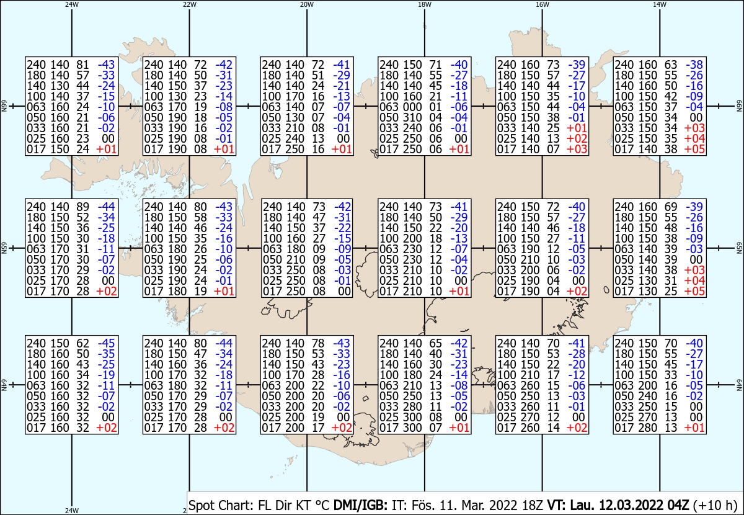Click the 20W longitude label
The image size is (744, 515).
(x=307, y=4)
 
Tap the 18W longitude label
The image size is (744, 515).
(x=425, y=4)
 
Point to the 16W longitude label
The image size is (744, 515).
(x=542, y=4)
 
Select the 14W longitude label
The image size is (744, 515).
(x=660, y=4)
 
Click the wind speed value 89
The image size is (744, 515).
(x=82, y=207)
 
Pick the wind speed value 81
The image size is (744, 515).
(x=82, y=65)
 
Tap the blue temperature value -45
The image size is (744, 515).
(x=106, y=343)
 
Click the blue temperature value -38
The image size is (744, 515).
(x=694, y=65)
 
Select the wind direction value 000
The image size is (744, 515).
(x=412, y=107)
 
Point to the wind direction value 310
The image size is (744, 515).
(x=412, y=118)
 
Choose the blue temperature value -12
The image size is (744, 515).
(x=577, y=375)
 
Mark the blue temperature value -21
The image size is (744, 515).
(x=342, y=86)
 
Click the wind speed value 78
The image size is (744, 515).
(x=318, y=343)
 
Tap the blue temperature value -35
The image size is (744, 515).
(x=106, y=354)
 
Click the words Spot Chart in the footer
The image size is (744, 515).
(x=221, y=505)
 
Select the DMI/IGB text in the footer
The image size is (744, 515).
(x=360, y=505)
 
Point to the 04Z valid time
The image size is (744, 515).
(x=678, y=505)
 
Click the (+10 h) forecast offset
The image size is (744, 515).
(x=715, y=505)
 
